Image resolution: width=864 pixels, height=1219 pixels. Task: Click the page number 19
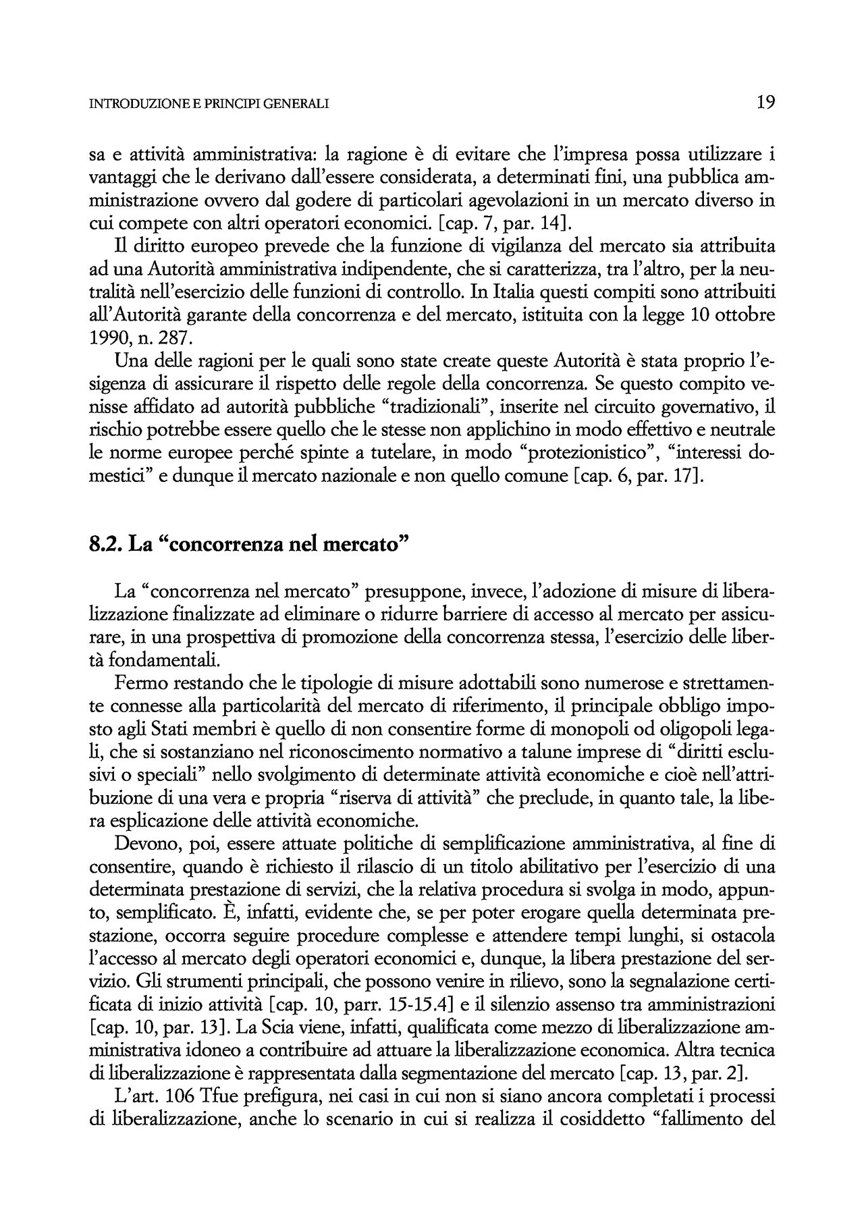(765, 103)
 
